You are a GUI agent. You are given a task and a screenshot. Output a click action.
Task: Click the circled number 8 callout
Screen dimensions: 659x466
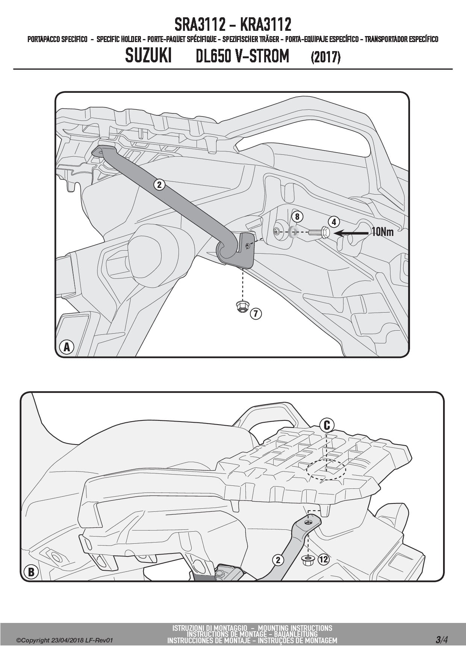click(297, 217)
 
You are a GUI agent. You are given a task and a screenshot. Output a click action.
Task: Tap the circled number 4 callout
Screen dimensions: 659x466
click(334, 222)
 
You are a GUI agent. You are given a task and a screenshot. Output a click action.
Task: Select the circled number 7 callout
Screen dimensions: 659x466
click(256, 313)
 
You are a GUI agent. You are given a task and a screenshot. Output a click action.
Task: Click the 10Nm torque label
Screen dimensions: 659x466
click(383, 232)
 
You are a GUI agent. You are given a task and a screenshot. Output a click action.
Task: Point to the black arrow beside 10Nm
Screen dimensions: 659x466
click(352, 233)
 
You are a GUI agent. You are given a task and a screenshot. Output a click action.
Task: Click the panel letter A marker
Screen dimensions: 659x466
click(67, 347)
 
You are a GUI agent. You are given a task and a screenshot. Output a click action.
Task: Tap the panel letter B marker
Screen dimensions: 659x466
click(31, 572)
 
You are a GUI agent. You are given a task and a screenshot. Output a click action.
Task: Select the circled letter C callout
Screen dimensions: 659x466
click(327, 425)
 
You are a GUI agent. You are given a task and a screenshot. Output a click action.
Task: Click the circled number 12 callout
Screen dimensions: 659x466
click(323, 559)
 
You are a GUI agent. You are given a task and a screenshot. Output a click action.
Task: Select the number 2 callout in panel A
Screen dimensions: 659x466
click(159, 184)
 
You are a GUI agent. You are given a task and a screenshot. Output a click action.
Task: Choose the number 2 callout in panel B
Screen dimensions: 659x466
click(278, 560)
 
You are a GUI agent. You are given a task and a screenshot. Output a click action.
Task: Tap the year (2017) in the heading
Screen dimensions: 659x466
click(325, 57)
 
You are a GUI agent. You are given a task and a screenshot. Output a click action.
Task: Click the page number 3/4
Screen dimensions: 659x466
click(442, 639)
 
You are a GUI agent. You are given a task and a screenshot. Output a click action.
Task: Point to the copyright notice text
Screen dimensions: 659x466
click(64, 640)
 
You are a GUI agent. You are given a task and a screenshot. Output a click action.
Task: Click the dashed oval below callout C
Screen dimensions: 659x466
click(326, 469)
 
